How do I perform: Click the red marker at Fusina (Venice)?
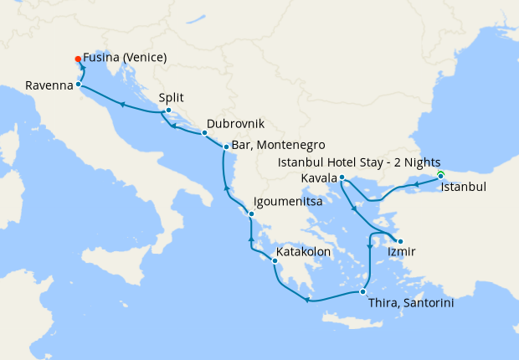tap(78, 59)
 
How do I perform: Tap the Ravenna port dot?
tap(78, 85)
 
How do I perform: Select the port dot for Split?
tap(168, 111)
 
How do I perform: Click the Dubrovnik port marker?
tap(204, 132)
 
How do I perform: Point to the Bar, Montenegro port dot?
tap(225, 147)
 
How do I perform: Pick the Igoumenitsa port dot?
tap(251, 215)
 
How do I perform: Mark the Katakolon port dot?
tap(274, 260)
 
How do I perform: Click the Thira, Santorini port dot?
tap(362, 291)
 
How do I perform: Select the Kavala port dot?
tap(342, 177)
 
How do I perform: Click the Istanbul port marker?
tap(440, 176)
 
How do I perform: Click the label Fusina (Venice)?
tap(125, 58)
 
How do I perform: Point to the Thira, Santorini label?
tap(411, 304)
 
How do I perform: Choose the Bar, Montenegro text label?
tap(278, 144)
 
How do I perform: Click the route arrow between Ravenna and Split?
tap(122, 105)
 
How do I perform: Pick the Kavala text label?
tap(319, 180)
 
